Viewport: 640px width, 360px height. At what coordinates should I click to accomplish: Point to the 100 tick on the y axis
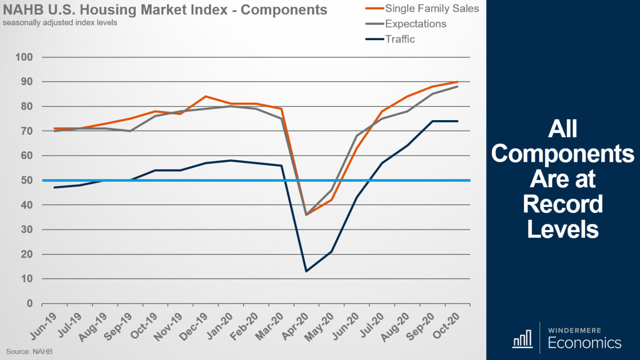(23, 57)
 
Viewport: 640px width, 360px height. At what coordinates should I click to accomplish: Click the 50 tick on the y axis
(26, 180)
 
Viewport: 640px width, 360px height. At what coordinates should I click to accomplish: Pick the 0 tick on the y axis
(29, 303)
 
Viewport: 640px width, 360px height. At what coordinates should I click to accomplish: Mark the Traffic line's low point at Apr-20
(306, 271)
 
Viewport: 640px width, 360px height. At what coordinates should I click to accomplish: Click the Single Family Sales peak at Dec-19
(205, 96)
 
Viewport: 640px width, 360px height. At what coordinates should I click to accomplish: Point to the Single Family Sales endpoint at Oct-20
(458, 82)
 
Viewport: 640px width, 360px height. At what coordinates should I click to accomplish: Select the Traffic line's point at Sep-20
(432, 121)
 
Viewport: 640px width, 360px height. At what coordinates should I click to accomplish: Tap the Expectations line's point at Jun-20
(357, 136)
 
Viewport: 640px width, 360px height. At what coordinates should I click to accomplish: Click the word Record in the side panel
(562, 205)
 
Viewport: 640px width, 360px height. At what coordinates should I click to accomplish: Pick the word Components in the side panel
(562, 154)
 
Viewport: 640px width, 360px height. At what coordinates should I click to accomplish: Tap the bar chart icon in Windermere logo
(522, 339)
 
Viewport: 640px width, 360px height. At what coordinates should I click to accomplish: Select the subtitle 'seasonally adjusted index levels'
(60, 22)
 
